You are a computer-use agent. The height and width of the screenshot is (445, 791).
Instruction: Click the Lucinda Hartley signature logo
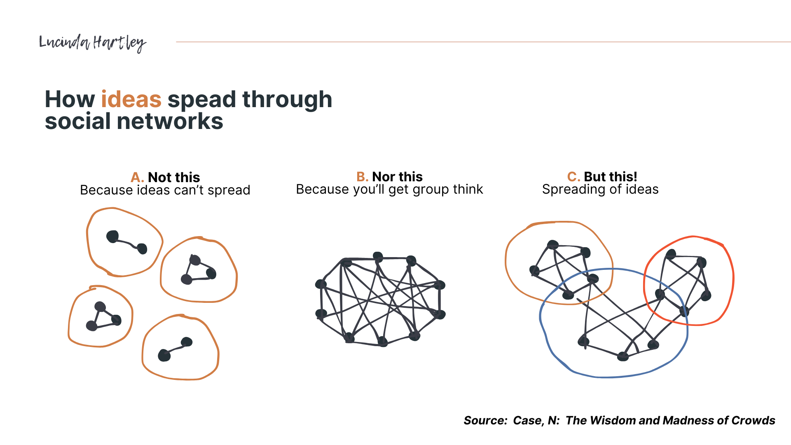coord(92,43)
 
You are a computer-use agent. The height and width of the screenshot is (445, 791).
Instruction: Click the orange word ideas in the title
coord(131,99)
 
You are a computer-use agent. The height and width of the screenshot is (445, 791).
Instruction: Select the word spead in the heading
coord(201,100)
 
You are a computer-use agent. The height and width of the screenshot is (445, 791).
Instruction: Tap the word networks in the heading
coord(170,122)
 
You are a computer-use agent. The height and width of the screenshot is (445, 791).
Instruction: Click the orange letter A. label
coord(137,178)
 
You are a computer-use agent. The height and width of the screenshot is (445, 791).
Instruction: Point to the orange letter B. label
coord(362,177)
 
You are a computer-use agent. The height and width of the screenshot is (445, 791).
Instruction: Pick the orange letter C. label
coord(573,177)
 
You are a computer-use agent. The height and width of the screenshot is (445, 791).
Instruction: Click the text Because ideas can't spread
coord(165,190)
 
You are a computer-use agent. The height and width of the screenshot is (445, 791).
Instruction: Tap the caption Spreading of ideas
coord(600,190)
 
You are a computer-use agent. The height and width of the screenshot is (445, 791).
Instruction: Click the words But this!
coord(610,177)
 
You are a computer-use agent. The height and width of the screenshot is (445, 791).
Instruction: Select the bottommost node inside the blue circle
coord(623,356)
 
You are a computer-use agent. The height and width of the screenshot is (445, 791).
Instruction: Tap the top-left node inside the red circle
coord(671,254)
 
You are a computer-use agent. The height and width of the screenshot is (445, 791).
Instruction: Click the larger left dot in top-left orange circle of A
coord(112,237)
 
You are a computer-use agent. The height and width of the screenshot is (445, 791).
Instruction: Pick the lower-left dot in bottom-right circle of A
coord(164,355)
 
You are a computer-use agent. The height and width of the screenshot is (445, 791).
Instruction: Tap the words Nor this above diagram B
coord(397,177)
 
